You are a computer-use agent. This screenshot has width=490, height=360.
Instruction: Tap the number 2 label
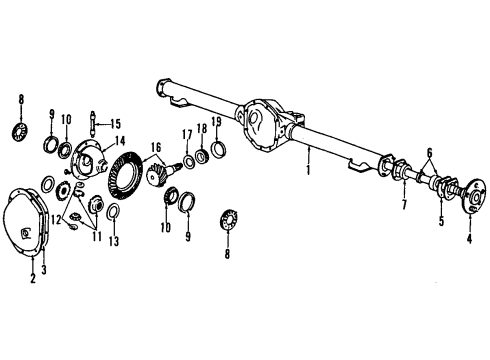click(32, 278)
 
